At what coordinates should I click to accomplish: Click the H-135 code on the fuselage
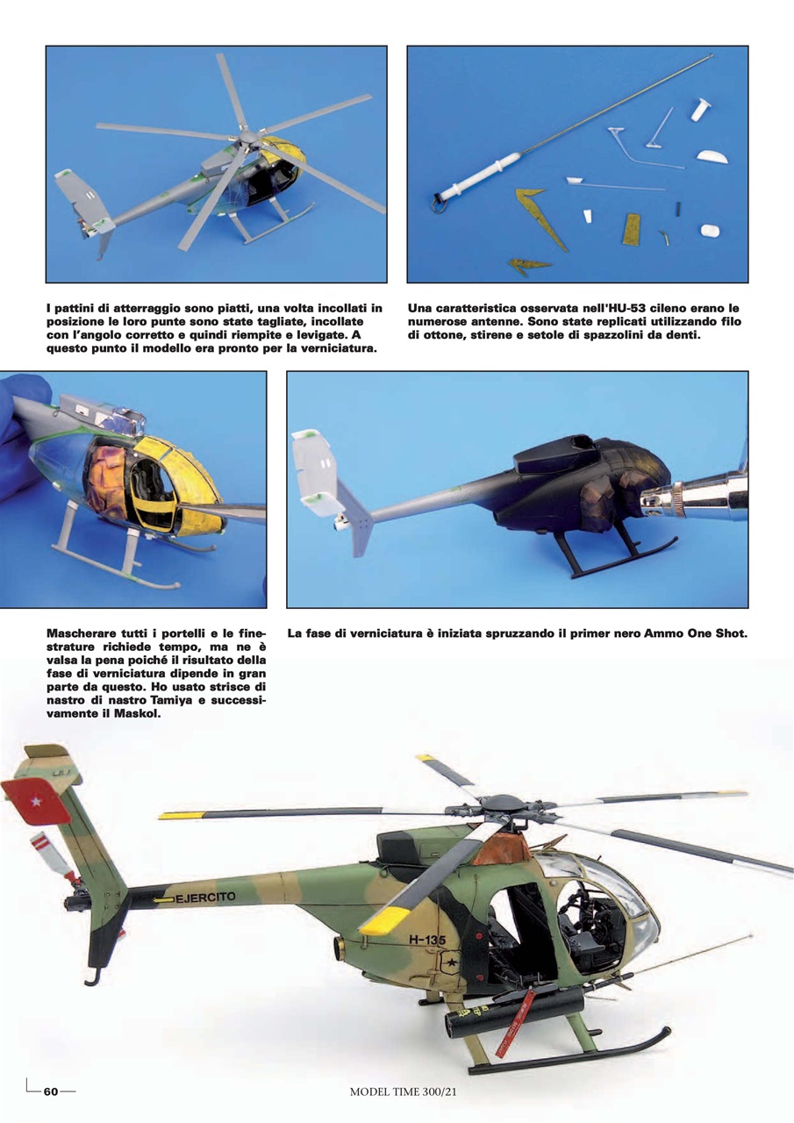coord(427,940)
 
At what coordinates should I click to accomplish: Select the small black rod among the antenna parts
coord(679,209)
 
